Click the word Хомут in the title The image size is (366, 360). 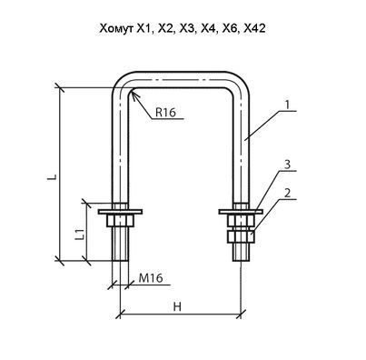click(116, 28)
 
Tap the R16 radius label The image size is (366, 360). click(165, 113)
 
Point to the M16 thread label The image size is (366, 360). click(151, 278)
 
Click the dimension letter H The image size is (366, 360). click(177, 306)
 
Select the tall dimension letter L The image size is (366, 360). click(52, 177)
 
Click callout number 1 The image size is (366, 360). click(287, 105)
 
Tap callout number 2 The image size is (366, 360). click(287, 193)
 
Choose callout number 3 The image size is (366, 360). click(287, 165)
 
